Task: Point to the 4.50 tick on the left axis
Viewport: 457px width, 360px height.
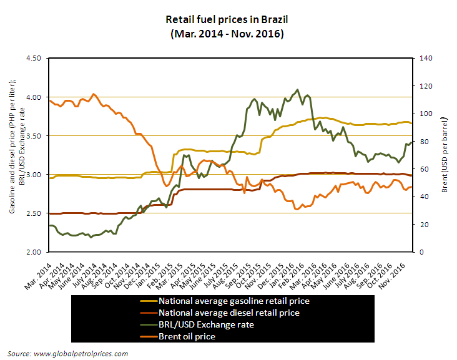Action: (x=32, y=58)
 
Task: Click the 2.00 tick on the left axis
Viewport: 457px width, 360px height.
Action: (x=32, y=252)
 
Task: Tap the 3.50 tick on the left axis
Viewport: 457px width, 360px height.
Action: (x=32, y=135)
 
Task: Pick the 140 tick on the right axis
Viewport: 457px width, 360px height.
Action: (x=425, y=58)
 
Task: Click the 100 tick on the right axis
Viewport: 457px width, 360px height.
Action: (x=425, y=114)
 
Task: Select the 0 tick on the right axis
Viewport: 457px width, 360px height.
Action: (x=420, y=252)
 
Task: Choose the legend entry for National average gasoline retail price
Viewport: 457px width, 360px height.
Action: (x=234, y=301)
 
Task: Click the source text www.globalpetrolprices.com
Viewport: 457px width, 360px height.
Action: (x=69, y=354)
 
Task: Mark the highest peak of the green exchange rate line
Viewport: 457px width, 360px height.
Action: (x=297, y=90)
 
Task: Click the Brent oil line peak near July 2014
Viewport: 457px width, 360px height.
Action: (x=94, y=94)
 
